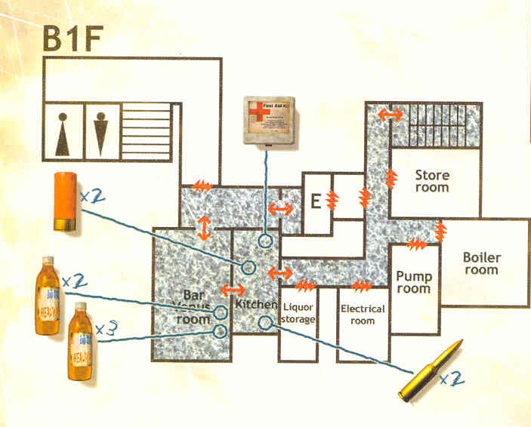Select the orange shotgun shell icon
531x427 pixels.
[x=63, y=201]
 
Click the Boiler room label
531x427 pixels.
[x=482, y=263]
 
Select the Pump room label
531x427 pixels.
[x=413, y=282]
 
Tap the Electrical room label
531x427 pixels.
[x=363, y=315]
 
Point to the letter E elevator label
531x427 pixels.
[x=316, y=201]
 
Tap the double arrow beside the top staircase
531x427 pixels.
[x=390, y=114]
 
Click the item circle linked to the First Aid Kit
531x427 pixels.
[x=265, y=241]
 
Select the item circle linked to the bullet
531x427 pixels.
[x=265, y=323]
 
